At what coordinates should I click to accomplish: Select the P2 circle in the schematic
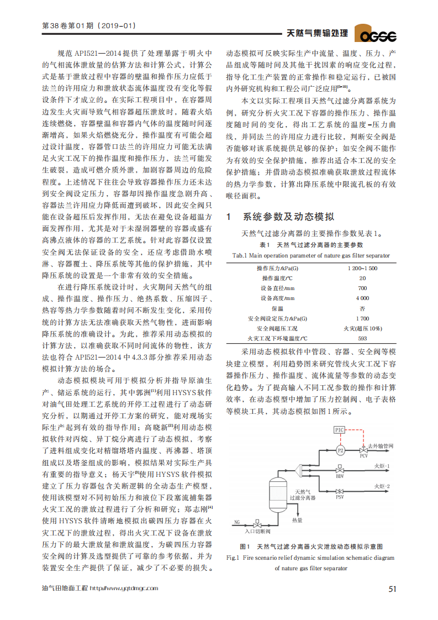click(x=340, y=450)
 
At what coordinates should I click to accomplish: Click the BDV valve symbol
click(x=340, y=470)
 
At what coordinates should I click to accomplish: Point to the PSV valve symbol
click(x=340, y=491)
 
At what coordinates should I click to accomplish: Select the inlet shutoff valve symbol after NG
click(x=257, y=523)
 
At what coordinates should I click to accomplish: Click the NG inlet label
click(x=237, y=522)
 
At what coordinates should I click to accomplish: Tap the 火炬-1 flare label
click(x=382, y=466)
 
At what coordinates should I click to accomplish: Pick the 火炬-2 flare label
click(x=382, y=487)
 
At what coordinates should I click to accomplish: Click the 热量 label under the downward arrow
click(x=297, y=520)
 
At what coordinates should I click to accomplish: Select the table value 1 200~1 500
click(x=362, y=268)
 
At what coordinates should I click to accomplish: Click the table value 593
click(x=362, y=338)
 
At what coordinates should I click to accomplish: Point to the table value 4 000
click(x=362, y=298)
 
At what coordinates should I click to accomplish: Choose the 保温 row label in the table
click(x=277, y=308)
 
